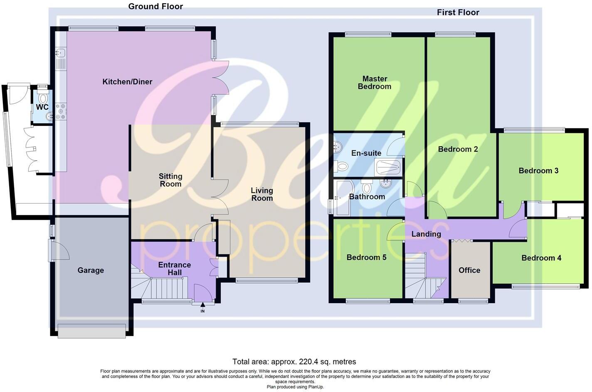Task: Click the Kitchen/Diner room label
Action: point(127,82)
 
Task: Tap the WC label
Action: point(42,107)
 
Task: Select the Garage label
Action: point(91,270)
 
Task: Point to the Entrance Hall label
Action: point(175,269)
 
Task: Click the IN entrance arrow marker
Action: point(203,306)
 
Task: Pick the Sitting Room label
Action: point(170,180)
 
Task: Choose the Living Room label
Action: point(262,194)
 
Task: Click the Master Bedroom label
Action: point(375,83)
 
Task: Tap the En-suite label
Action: point(366,153)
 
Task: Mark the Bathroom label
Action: point(367,197)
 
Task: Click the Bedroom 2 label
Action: point(458,149)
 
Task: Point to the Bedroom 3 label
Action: point(538,171)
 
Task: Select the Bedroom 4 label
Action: point(541,258)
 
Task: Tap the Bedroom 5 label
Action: point(366,257)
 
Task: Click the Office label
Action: point(469,270)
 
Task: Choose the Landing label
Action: point(426,234)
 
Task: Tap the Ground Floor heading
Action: point(155,6)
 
